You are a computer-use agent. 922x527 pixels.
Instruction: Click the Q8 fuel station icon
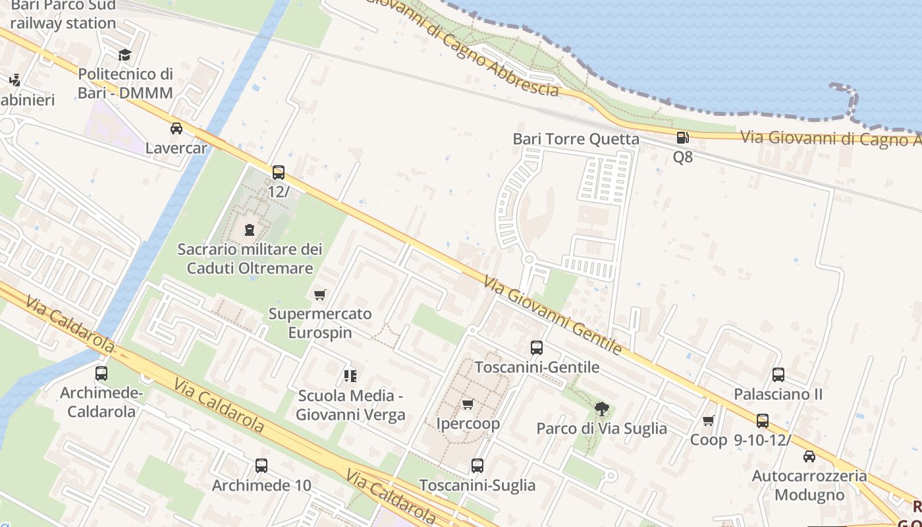(x=682, y=138)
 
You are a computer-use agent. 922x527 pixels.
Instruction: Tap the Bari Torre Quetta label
(x=576, y=139)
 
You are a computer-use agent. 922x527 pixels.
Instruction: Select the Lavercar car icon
(x=176, y=128)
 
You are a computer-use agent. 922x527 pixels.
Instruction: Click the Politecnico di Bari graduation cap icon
(x=124, y=55)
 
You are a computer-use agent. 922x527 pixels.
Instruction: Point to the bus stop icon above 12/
(x=279, y=173)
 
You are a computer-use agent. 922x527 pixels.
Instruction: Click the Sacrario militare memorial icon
(x=250, y=230)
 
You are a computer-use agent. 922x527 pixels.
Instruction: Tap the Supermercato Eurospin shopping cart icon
(x=320, y=294)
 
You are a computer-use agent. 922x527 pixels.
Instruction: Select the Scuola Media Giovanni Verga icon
(x=350, y=376)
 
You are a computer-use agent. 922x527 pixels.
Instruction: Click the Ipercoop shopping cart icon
(x=468, y=404)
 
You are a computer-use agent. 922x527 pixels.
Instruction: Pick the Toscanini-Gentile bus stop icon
(x=537, y=348)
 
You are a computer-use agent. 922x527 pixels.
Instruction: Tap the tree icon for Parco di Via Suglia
(x=601, y=409)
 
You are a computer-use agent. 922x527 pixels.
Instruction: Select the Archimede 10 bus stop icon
(x=261, y=466)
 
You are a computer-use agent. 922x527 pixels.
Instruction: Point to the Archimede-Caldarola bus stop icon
(x=101, y=374)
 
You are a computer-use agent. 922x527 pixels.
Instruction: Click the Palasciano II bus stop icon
(x=778, y=375)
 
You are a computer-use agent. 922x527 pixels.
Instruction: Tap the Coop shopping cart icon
(x=709, y=420)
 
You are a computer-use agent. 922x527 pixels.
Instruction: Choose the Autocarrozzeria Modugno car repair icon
(x=809, y=456)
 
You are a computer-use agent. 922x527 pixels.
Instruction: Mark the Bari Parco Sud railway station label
(x=63, y=14)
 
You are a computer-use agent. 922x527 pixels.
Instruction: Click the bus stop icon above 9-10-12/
(x=763, y=421)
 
